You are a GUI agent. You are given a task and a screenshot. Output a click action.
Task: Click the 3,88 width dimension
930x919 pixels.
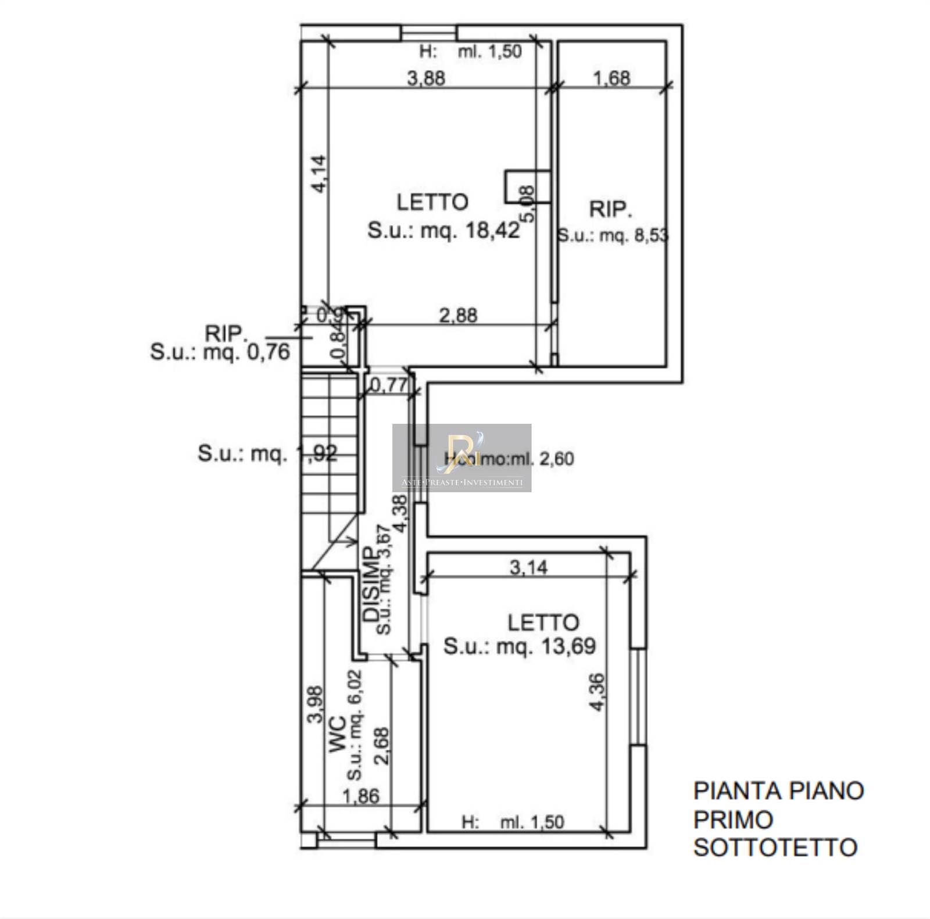pos(426,78)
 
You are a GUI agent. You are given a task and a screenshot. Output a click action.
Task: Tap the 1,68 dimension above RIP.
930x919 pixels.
pos(611,78)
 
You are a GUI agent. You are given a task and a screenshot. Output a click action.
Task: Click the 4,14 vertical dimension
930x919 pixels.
pos(319,174)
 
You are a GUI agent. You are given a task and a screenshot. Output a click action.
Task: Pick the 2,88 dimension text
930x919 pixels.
pos(458,316)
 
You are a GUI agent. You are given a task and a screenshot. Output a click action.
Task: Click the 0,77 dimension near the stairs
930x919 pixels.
pos(389,385)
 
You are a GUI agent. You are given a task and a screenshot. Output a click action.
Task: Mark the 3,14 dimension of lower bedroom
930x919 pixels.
pos(528,567)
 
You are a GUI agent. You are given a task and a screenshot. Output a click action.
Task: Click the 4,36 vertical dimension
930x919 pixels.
pos(597,692)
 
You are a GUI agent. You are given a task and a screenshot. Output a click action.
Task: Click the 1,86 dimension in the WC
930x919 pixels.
pos(361,796)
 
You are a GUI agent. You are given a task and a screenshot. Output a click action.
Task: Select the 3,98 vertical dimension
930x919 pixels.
pos(314,704)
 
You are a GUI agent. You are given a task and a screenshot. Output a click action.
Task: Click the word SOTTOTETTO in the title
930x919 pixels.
pos(775,848)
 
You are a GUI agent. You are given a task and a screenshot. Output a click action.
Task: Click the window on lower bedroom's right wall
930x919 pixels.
pos(638,696)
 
